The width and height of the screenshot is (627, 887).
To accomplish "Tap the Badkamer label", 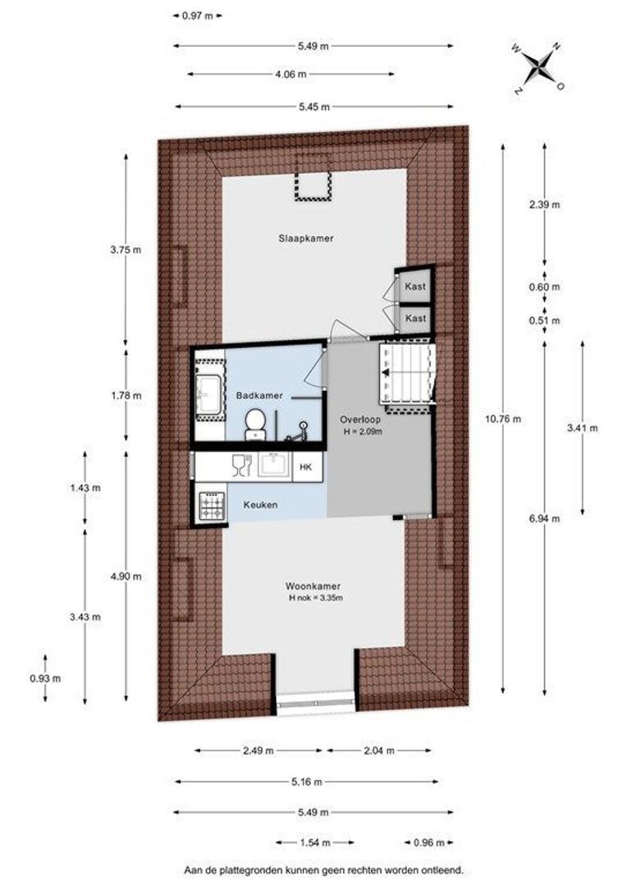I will pos(259,395).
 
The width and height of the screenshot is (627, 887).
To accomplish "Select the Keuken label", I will pos(259,505).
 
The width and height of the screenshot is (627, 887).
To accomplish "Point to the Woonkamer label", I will pos(313,586).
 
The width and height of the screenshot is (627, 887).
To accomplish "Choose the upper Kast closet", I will pos(415,286).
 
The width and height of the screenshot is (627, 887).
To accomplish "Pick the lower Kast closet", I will pos(415,318).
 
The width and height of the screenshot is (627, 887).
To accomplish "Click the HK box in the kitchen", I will pos(305,466).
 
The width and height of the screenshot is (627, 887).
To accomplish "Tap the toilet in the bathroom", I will pos(254,422).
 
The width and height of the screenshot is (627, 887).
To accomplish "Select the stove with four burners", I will pos(213,503).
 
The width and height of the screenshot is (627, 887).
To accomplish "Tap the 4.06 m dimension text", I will pos(291,74).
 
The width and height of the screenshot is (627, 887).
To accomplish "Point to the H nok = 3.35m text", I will pos(314,599).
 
